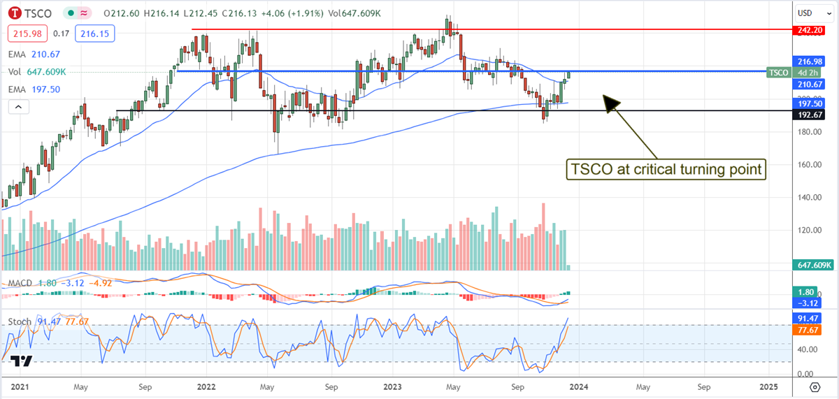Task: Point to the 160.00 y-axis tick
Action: tap(808, 165)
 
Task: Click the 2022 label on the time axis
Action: tap(206, 386)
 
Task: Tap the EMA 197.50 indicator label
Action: tap(34, 89)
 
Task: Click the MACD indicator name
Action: tap(20, 283)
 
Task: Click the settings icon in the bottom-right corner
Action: tap(815, 386)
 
